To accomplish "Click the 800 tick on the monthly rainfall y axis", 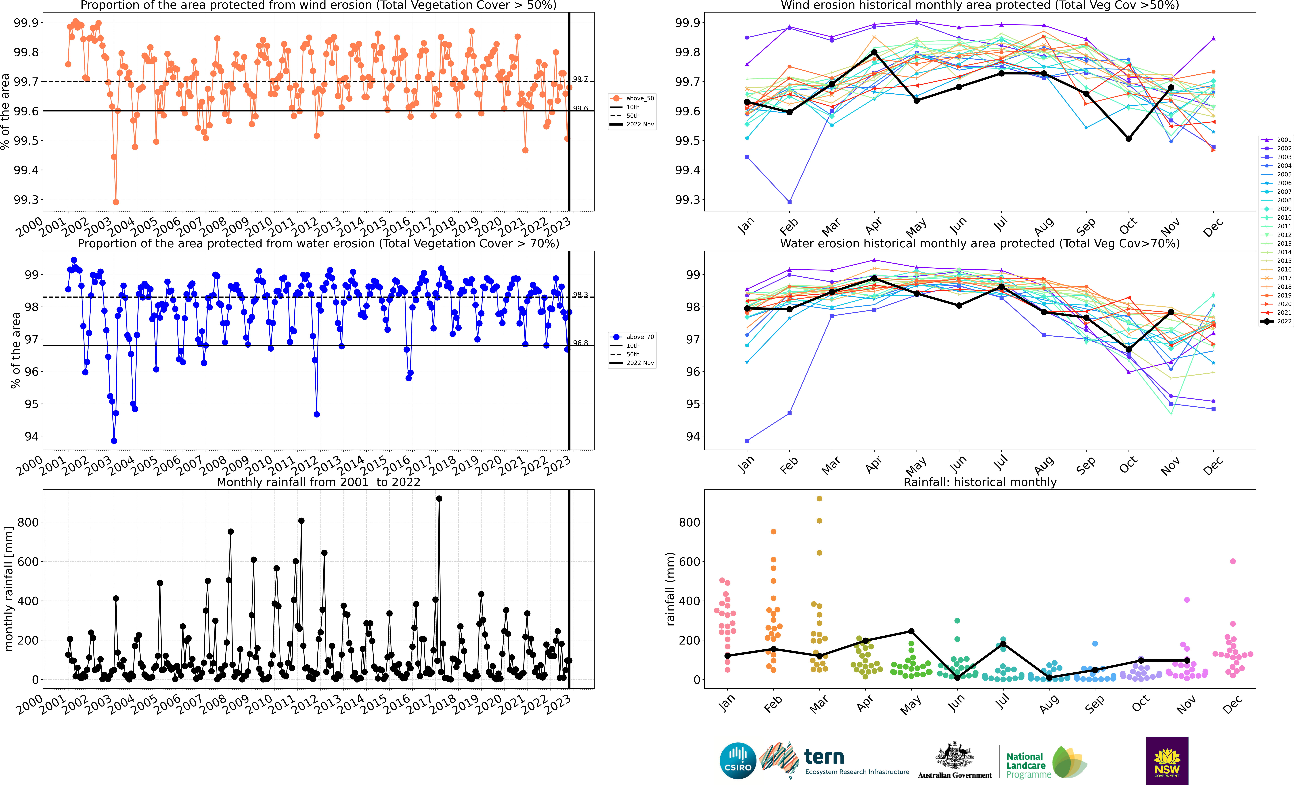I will (x=28, y=522).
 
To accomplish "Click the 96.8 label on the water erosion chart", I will (x=580, y=343).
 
